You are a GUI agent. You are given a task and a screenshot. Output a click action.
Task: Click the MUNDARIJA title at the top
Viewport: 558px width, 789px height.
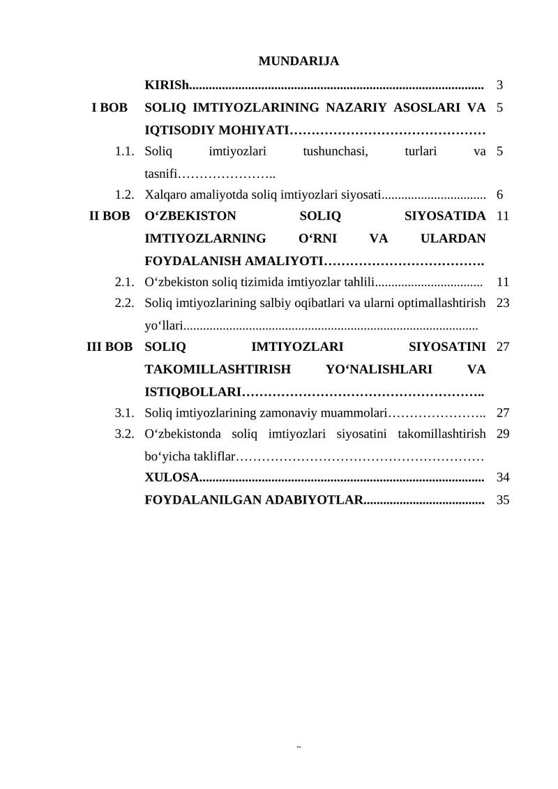click(x=299, y=61)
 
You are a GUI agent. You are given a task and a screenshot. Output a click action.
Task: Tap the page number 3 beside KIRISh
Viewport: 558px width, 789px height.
click(x=499, y=86)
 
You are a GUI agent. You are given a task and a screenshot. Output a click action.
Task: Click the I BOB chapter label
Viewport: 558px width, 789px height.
click(x=110, y=108)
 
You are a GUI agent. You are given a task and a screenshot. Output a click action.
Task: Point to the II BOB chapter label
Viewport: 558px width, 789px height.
click(x=110, y=216)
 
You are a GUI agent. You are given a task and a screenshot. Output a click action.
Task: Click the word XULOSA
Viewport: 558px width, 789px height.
click(x=172, y=478)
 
